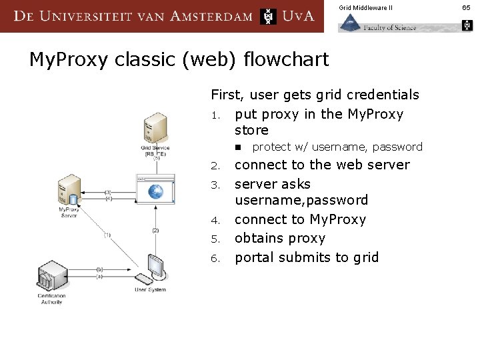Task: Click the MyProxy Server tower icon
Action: (69, 189)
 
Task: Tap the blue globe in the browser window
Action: (155, 192)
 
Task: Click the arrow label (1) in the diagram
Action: (107, 235)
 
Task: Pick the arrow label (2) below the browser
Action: (155, 230)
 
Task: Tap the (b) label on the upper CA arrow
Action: (100, 269)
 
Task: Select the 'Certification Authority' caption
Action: (52, 299)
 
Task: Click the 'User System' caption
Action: (150, 290)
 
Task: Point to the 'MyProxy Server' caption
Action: (69, 213)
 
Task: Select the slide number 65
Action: (466, 7)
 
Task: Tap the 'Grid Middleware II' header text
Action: (365, 7)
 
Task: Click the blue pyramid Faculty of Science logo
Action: (349, 23)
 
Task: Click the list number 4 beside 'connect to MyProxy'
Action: (215, 220)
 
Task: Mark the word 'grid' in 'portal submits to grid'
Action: (364, 257)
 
